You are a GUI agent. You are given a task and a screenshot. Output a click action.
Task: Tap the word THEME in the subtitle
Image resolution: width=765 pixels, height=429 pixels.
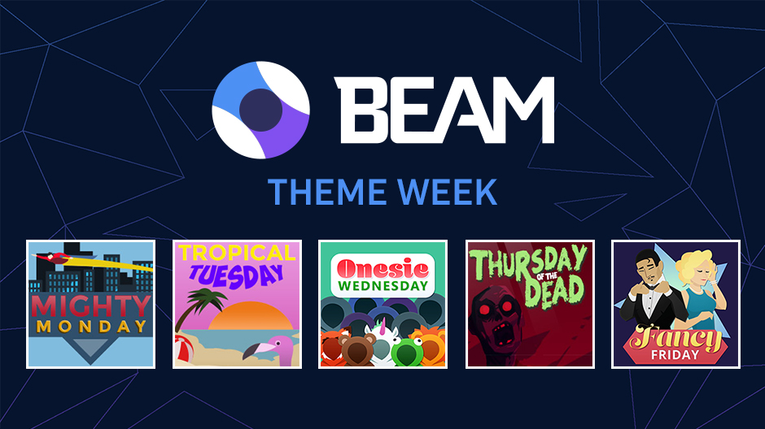click(321, 192)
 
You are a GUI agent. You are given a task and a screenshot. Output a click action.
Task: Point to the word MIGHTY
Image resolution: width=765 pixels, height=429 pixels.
click(90, 305)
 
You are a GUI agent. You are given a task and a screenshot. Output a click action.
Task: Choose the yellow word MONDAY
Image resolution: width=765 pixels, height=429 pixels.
click(90, 326)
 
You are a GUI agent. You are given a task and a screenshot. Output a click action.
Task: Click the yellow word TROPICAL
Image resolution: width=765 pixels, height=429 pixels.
click(237, 252)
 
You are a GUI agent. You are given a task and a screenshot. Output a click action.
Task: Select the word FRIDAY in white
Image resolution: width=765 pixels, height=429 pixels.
click(674, 355)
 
